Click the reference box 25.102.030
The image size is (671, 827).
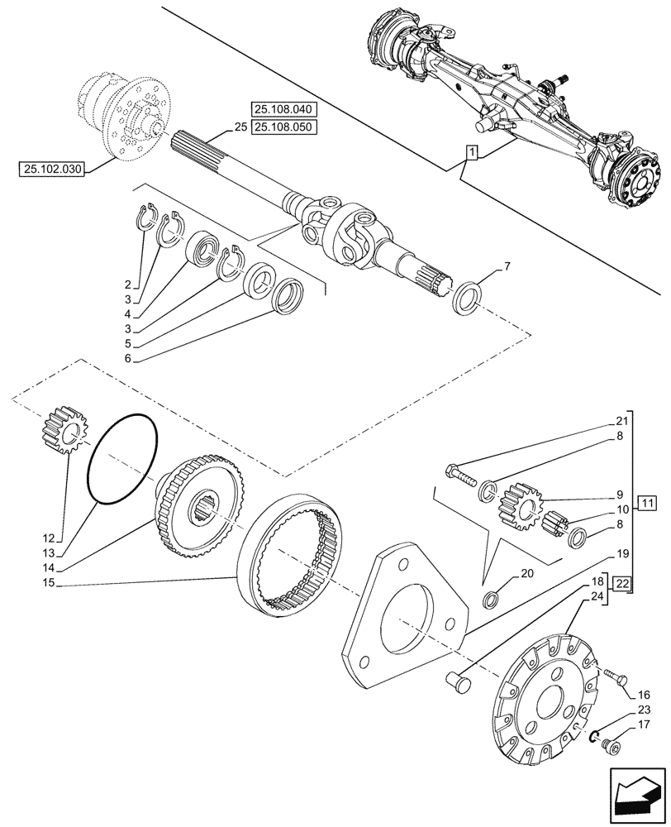pos(51,170)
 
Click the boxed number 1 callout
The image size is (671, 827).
pos(470,152)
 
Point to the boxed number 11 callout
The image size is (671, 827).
pos(647,504)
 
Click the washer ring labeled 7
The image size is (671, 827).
pos(468,296)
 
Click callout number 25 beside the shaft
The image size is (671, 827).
pos(240,127)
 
